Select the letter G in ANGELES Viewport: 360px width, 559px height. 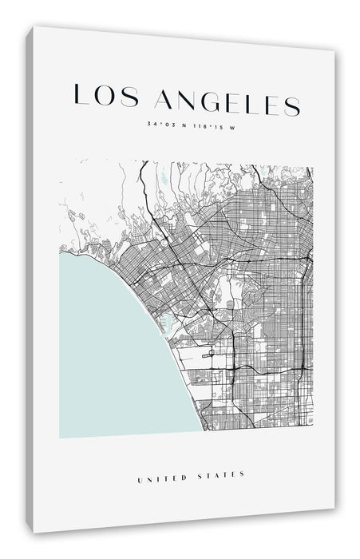pyautogui.click(x=209, y=101)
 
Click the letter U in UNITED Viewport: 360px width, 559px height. pyautogui.click(x=141, y=474)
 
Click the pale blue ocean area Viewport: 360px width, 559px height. pyautogui.click(x=112, y=351)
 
